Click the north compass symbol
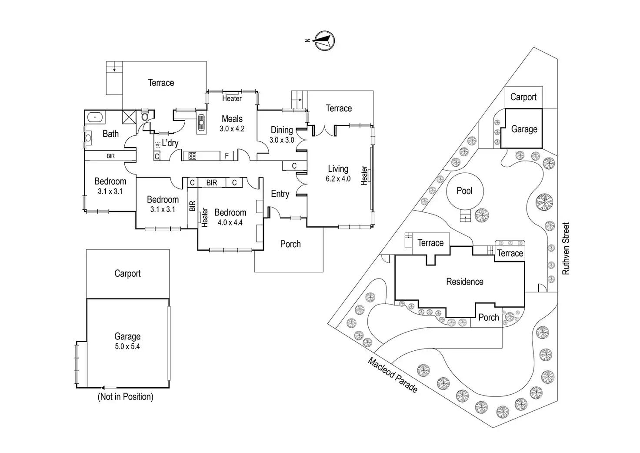(324, 41)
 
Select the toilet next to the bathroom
(145, 115)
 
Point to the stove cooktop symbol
(192, 156)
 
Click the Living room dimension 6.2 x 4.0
(338, 179)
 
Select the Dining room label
(282, 130)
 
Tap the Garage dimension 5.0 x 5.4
(127, 347)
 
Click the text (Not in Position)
(125, 396)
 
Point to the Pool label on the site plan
(464, 191)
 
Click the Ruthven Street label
(566, 248)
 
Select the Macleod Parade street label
(393, 375)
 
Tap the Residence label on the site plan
(465, 282)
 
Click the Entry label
(280, 194)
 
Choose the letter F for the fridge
(227, 156)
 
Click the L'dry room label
(170, 143)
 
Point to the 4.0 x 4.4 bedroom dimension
(230, 223)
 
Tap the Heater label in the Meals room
(232, 99)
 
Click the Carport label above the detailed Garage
(127, 274)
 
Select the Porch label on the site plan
(489, 318)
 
